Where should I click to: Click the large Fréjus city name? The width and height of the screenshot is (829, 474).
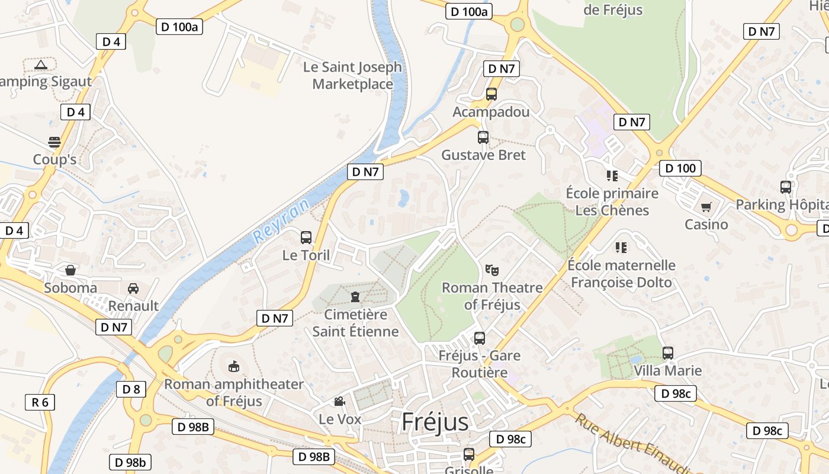(x=435, y=422)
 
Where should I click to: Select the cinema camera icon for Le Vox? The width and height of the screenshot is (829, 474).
(x=339, y=402)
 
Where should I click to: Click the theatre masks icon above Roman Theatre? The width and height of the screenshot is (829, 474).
(x=491, y=270)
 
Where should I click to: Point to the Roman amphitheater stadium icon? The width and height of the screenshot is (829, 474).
(x=234, y=366)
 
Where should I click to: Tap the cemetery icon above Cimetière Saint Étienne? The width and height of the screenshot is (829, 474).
(x=355, y=296)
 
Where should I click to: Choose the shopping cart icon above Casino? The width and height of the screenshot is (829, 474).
(x=706, y=207)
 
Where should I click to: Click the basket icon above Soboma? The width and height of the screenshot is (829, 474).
(x=70, y=270)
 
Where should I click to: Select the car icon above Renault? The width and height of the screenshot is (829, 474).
(x=133, y=288)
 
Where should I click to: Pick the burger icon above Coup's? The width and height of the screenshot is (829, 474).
(x=54, y=142)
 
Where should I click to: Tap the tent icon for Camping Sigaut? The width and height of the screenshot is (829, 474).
(x=40, y=65)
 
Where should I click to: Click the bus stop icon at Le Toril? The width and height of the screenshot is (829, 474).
(x=306, y=238)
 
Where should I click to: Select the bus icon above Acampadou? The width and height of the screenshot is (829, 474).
(x=491, y=94)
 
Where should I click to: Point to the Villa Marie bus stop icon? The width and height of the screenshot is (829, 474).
(x=668, y=353)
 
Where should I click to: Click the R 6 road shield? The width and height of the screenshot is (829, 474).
(x=40, y=402)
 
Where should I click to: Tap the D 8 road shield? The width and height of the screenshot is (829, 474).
(x=131, y=389)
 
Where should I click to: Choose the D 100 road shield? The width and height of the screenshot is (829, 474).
(x=680, y=168)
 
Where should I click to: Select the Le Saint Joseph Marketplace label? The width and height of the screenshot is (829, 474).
(x=352, y=76)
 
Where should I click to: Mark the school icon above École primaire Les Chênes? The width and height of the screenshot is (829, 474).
(x=612, y=175)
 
